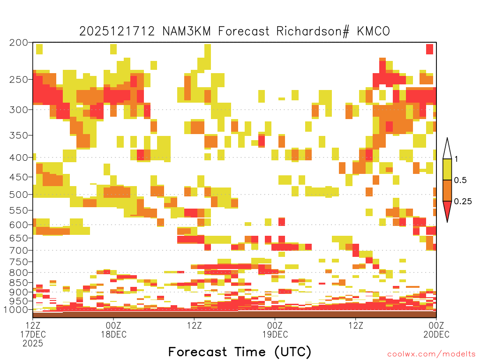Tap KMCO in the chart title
[x=374, y=31]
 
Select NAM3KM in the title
[x=187, y=31]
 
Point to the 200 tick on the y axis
[x=19, y=43]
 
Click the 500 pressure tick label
[x=19, y=195]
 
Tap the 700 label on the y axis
[x=19, y=250]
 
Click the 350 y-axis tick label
[x=19, y=135]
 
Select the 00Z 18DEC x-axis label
[x=113, y=330]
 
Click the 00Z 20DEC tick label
[x=436, y=330]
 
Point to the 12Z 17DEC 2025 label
[x=33, y=334]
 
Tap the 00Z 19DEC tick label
[x=275, y=330]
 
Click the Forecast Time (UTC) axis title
[x=240, y=352]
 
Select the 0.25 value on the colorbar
[x=463, y=202]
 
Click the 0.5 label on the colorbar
[x=460, y=180]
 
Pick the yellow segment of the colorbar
[x=447, y=169]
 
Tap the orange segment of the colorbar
[x=447, y=190]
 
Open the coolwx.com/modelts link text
[x=431, y=354]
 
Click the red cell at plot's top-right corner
[x=430, y=49]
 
